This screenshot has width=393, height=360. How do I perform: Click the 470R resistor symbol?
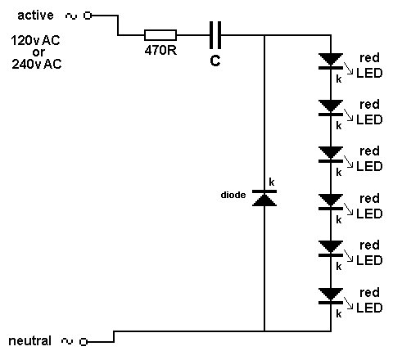pyautogui.click(x=160, y=35)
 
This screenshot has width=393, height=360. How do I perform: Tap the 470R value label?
pyautogui.click(x=160, y=50)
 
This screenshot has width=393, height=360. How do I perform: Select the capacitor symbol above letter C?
pyautogui.click(x=215, y=35)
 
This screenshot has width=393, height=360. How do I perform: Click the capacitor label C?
pyautogui.click(x=215, y=61)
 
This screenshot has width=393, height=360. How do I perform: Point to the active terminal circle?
pyautogui.click(x=88, y=16)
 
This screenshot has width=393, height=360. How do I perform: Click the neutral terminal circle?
pyautogui.click(x=84, y=341)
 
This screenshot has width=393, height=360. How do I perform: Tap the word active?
pyautogui.click(x=35, y=15)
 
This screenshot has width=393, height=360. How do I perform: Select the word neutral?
pyautogui.click(x=30, y=341)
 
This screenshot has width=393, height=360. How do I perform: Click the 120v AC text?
pyautogui.click(x=35, y=41)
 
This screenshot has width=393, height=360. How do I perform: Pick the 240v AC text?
pyautogui.click(x=37, y=64)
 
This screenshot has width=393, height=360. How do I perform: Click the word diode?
pyautogui.click(x=233, y=195)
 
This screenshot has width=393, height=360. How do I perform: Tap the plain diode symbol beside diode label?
pyautogui.click(x=264, y=198)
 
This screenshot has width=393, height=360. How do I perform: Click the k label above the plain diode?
pyautogui.click(x=272, y=182)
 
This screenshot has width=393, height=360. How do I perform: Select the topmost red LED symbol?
pyautogui.click(x=331, y=61)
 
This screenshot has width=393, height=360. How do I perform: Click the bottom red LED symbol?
pyautogui.click(x=331, y=296)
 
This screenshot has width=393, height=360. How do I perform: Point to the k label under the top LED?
pyautogui.click(x=339, y=79)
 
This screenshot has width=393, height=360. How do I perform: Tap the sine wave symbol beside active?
pyautogui.click(x=71, y=16)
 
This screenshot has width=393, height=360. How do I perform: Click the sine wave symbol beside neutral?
pyautogui.click(x=67, y=341)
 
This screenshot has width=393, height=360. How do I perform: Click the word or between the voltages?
pyautogui.click(x=38, y=52)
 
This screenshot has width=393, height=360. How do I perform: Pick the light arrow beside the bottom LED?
pyautogui.click(x=349, y=304)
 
